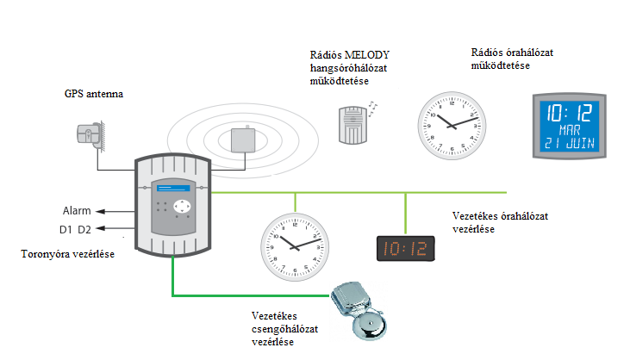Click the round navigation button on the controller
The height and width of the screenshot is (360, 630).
click(181, 207)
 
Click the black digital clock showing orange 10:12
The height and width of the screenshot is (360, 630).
click(405, 249)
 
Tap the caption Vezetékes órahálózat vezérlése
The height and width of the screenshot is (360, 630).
click(501, 221)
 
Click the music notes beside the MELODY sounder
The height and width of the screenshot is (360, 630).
click(372, 107)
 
